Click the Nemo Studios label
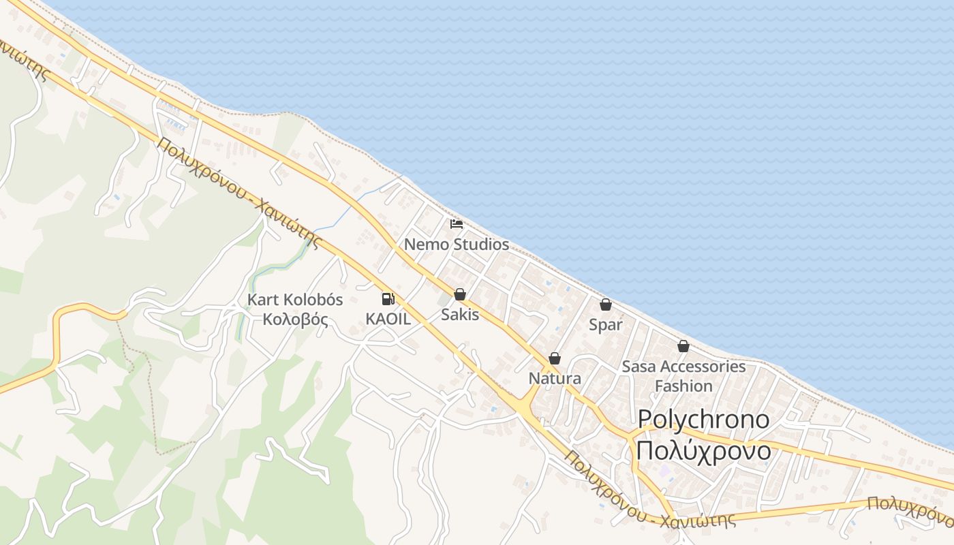pos(457,244)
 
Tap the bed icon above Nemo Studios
pos(457,223)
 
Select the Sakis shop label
pos(460,315)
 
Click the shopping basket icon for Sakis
pos(460,294)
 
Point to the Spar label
pos(606,325)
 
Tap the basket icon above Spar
pos(606,305)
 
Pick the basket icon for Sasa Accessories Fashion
pos(683,347)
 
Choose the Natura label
pos(555,379)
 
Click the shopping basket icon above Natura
pos(555,358)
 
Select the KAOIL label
pos(388,319)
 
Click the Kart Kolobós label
pos(295,300)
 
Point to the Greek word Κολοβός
pos(295,320)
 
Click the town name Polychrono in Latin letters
pos(703,420)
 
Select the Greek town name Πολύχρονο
pos(703,451)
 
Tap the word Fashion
pos(683,386)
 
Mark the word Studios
pos(482,244)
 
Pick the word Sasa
pos(638,367)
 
